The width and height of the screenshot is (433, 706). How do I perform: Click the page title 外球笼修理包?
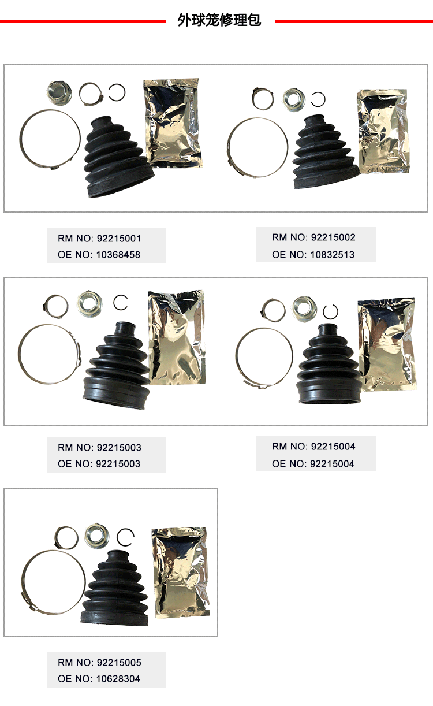(219, 20)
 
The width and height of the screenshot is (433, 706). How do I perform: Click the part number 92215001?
(119, 238)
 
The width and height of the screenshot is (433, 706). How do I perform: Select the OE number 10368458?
(118, 254)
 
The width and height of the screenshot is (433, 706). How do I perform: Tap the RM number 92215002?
(333, 237)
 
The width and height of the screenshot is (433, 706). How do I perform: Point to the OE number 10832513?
(333, 254)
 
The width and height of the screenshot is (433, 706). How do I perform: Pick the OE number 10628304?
(118, 679)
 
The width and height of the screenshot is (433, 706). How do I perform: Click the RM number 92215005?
(119, 663)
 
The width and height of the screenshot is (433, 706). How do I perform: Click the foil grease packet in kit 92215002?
(383, 131)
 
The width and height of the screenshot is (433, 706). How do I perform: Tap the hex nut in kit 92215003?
(89, 304)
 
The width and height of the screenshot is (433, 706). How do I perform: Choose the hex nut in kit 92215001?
(59, 93)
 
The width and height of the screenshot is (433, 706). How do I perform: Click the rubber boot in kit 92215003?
(116, 366)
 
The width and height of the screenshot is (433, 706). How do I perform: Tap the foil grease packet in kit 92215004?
(386, 345)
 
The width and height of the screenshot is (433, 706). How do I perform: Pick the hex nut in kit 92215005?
(96, 536)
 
